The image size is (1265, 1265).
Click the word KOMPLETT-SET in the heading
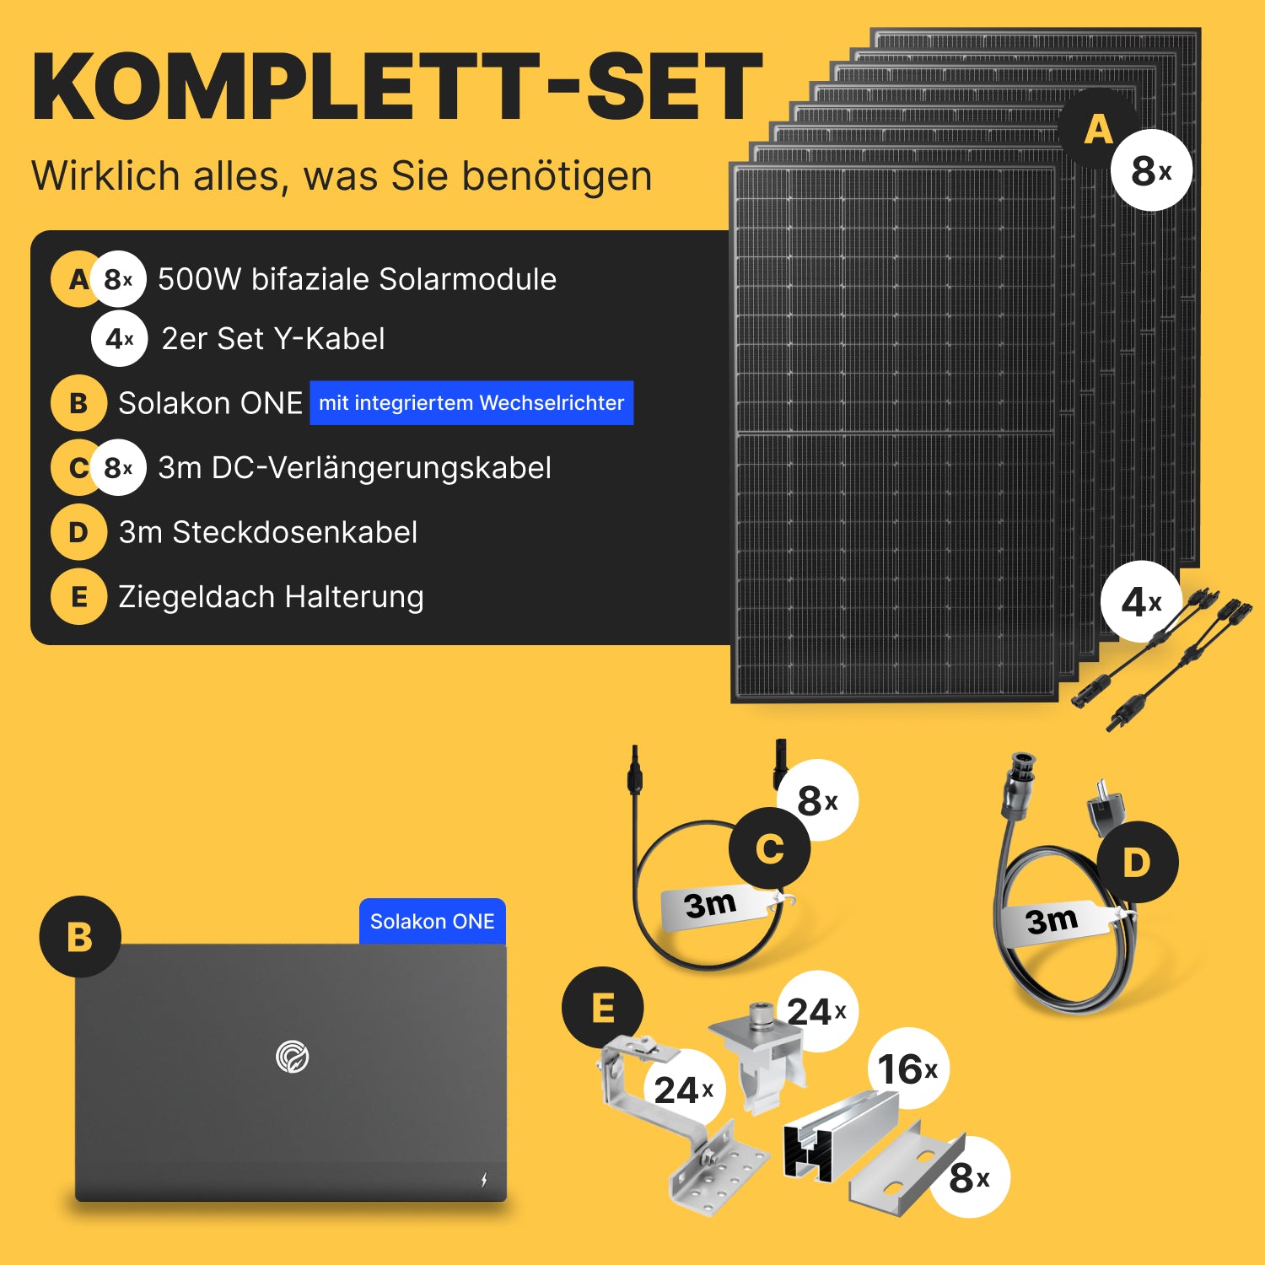click(x=397, y=87)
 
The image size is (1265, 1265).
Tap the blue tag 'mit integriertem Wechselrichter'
click(x=471, y=403)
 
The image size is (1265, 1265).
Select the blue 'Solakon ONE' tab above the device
click(x=433, y=921)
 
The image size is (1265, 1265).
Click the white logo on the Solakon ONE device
click(x=293, y=1057)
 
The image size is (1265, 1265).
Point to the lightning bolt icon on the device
click(x=484, y=1179)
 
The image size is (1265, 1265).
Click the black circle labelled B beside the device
click(x=80, y=937)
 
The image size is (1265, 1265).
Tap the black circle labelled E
click(x=603, y=1008)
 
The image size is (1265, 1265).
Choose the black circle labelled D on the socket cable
click(x=1138, y=862)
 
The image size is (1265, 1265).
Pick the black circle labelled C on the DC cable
click(x=770, y=848)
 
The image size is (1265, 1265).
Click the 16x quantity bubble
click(x=908, y=1069)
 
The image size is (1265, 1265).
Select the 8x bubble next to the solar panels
click(x=1151, y=170)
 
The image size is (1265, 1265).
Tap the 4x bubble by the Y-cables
click(x=1141, y=602)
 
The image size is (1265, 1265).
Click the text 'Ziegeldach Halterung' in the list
click(x=271, y=596)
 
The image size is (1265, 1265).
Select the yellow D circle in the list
click(x=78, y=532)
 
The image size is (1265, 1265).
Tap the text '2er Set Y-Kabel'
click(x=273, y=338)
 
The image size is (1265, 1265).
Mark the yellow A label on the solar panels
click(x=1099, y=130)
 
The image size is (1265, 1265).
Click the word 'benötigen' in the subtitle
click(x=557, y=177)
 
